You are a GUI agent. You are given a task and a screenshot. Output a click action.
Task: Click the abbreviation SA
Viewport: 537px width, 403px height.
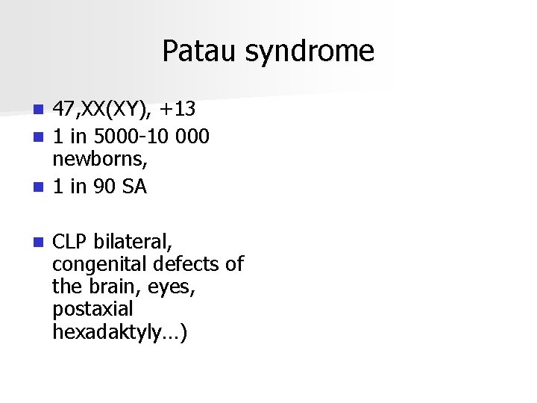click(136, 187)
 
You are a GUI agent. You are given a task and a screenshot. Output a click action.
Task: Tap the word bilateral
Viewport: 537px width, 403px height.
click(134, 243)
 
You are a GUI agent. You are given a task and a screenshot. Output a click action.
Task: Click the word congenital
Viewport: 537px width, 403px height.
click(101, 265)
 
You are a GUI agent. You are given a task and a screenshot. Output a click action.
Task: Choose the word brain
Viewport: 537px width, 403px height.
click(110, 287)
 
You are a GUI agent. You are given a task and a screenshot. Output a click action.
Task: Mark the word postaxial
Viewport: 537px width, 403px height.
click(92, 309)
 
